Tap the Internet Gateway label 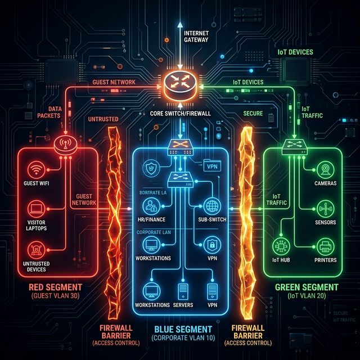click(197, 37)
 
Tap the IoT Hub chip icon click(280, 246)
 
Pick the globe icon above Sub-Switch click(212, 205)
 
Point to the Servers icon click(182, 291)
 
